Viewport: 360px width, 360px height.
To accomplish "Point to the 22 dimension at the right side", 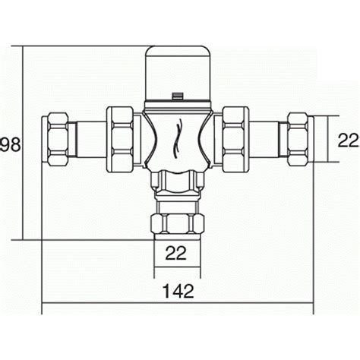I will coord(347,140).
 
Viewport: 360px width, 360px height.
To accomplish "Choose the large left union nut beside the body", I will coord(121,138).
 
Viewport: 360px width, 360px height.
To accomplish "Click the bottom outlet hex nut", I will coord(177,223).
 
